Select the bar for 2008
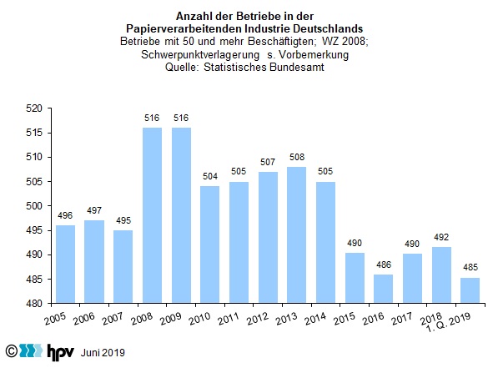point(152,215)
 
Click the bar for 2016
point(383,289)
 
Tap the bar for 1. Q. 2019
point(470,290)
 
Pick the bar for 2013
point(296,235)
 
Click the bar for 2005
point(65,265)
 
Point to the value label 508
point(297,157)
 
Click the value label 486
point(384,265)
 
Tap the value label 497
point(94,210)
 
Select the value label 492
point(441,237)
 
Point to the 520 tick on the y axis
point(49,108)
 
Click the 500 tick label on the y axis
point(34,206)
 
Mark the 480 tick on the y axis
point(49,304)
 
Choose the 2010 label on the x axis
point(199,319)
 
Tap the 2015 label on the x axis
point(345,319)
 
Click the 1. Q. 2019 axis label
point(448,323)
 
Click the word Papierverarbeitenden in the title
point(184,29)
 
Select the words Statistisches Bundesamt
point(264,68)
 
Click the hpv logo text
point(61,351)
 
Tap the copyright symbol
point(12,351)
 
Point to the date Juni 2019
point(103,353)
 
